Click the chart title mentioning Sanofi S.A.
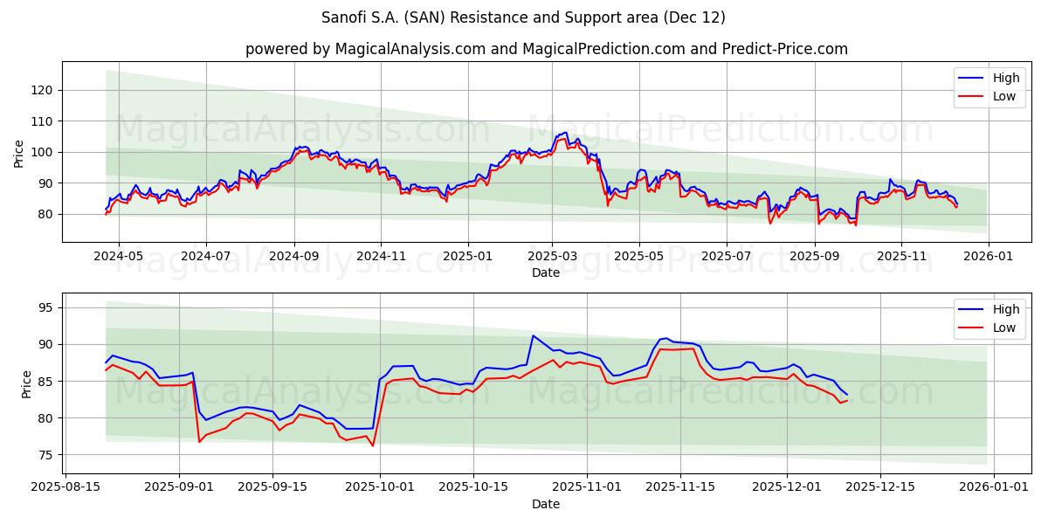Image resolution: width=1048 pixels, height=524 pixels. (x=524, y=17)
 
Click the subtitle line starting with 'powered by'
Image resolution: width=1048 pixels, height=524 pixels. (x=546, y=49)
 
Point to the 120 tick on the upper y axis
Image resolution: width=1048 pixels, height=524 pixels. (x=45, y=90)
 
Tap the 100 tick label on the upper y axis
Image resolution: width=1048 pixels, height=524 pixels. (x=45, y=152)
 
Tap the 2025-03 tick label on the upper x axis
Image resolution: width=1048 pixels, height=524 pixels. (x=552, y=256)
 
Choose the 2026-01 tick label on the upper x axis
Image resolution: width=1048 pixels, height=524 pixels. (x=988, y=256)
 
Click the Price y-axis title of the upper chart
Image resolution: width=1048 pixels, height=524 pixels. (x=19, y=152)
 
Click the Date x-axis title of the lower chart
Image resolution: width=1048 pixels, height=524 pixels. (x=546, y=504)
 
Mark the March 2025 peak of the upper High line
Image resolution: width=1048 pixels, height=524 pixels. (x=565, y=133)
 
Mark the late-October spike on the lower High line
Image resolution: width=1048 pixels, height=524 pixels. (x=533, y=335)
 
